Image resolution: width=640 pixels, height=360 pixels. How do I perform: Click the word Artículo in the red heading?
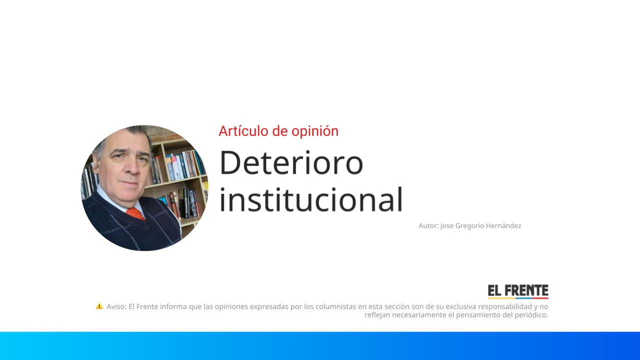(x=243, y=131)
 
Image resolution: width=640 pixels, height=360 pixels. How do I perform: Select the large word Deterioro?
(x=291, y=162)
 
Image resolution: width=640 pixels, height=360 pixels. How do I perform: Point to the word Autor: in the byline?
(x=428, y=225)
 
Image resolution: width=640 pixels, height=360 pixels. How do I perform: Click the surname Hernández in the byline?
(x=503, y=225)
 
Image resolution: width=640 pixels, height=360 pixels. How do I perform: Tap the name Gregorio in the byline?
(x=469, y=226)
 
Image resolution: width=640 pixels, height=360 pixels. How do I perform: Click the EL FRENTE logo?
(x=518, y=291)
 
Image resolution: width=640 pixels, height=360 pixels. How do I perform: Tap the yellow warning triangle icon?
(x=99, y=306)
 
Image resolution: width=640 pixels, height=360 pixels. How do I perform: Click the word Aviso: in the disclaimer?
(x=116, y=306)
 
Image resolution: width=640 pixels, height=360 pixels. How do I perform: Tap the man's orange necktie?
(x=135, y=213)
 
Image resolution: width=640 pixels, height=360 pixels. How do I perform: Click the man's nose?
(x=131, y=167)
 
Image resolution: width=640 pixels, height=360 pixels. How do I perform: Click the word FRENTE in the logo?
(x=526, y=291)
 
